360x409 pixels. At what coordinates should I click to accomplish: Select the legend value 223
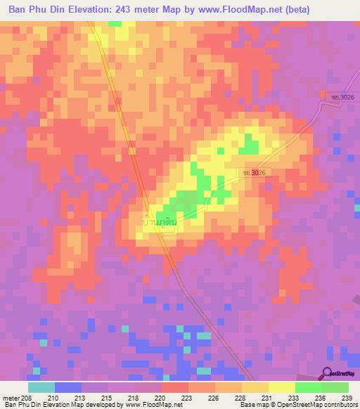[188, 397]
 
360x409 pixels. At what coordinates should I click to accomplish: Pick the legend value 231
[266, 397]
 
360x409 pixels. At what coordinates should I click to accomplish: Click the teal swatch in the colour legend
[41, 387]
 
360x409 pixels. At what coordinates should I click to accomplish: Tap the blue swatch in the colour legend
[67, 387]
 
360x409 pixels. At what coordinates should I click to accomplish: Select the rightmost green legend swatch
[335, 387]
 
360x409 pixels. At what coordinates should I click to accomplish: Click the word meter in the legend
[11, 397]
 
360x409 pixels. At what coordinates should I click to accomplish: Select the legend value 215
[108, 397]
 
